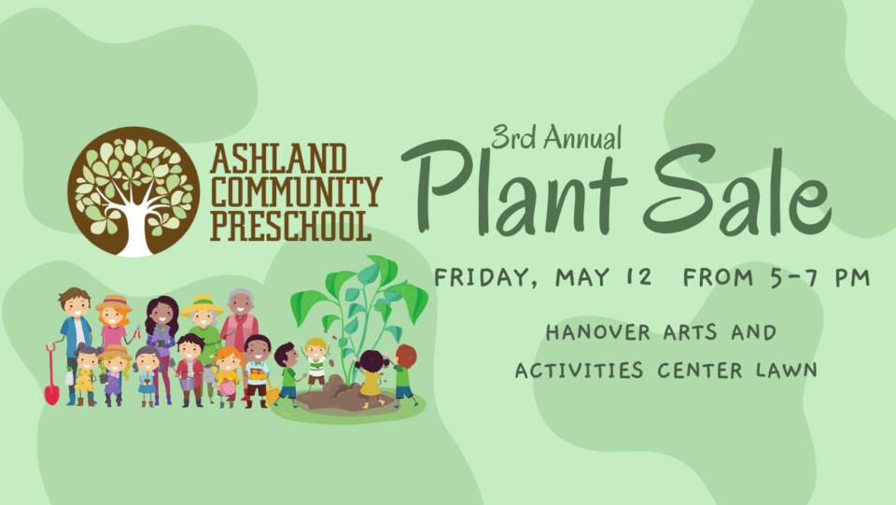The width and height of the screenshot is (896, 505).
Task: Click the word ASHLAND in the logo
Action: [x=278, y=159]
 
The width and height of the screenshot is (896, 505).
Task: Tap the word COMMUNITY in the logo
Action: [x=296, y=192]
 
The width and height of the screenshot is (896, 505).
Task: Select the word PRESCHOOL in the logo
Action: [x=291, y=225]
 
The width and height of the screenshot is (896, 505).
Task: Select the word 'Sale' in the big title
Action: [x=737, y=189]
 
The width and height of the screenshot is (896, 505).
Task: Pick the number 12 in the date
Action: [x=638, y=277]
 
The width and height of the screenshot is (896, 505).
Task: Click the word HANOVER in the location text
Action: [x=597, y=332]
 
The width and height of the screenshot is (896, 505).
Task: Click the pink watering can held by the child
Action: [x=225, y=387]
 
